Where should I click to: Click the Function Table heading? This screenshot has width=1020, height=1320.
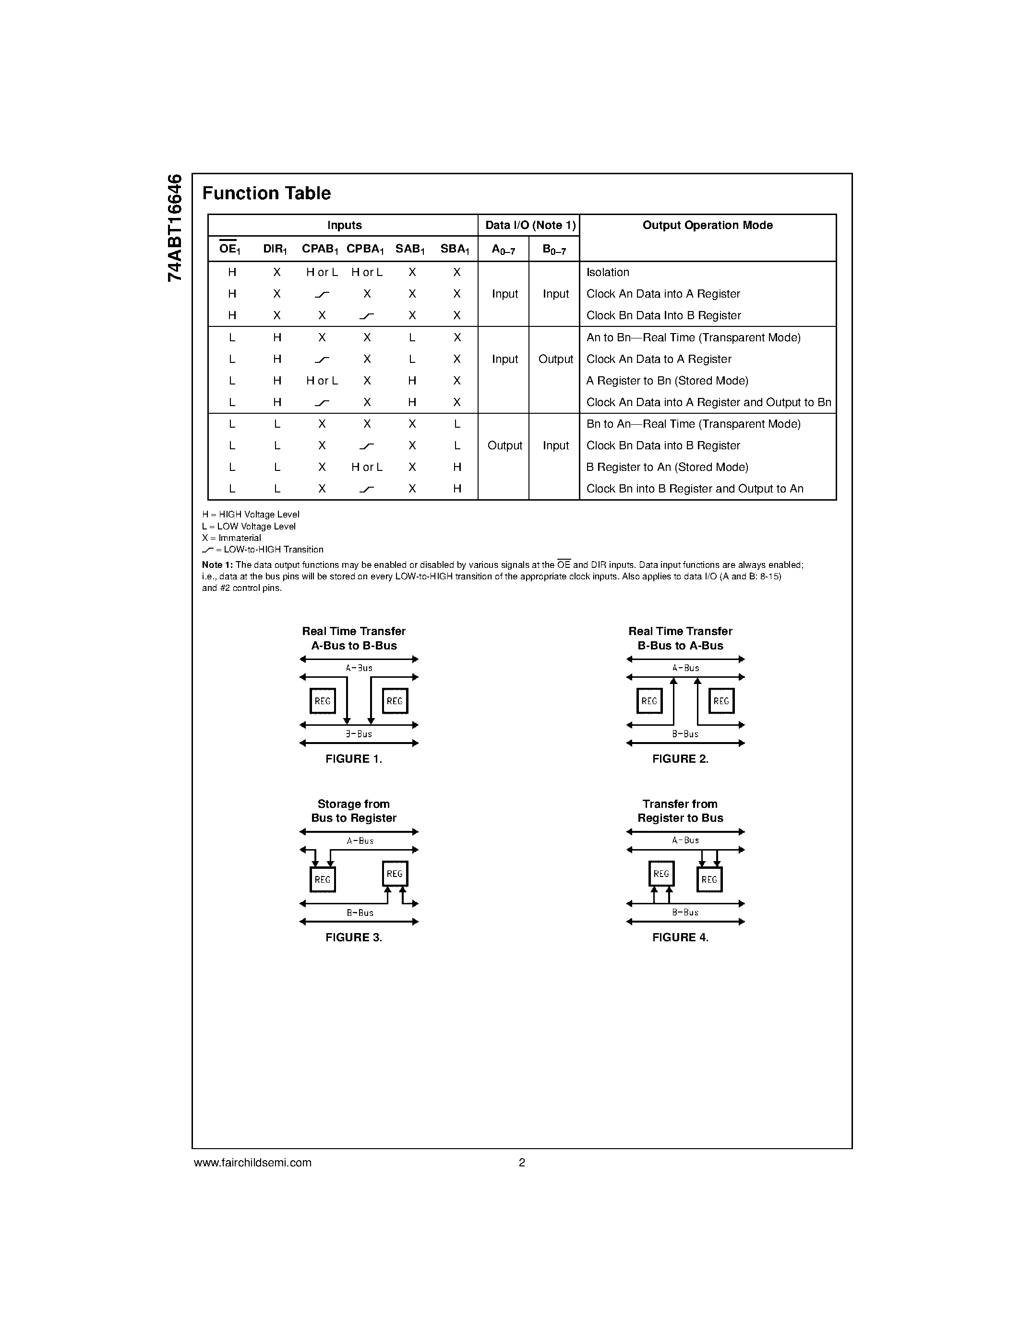coord(266,193)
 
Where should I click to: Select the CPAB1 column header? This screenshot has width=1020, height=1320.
coord(320,249)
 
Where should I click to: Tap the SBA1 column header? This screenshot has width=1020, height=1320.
coord(455,249)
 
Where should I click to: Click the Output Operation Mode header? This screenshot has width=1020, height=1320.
coord(707,226)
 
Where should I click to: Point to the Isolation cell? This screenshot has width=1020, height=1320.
coord(607,273)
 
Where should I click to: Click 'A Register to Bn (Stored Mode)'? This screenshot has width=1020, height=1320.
coord(667,381)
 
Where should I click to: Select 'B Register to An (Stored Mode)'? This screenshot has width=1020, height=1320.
coord(667,467)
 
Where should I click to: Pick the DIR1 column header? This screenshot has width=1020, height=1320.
coord(275,249)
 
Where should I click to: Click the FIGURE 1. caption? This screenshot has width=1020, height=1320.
coord(353,759)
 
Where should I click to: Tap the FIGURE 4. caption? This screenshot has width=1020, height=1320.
coord(680,937)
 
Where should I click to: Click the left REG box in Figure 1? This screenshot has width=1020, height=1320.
coord(323,701)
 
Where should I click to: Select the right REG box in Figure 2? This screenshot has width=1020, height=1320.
coord(721,701)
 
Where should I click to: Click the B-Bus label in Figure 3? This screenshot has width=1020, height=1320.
coord(360,912)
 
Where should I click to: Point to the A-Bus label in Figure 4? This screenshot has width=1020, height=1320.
coord(685,840)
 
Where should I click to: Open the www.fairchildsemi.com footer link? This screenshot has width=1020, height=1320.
coord(252,1162)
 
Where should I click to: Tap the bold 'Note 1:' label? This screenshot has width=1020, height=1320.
coord(217,565)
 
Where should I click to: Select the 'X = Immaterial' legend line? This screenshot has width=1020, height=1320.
coord(231,538)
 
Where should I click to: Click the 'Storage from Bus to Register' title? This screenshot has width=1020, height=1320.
coord(353,811)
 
